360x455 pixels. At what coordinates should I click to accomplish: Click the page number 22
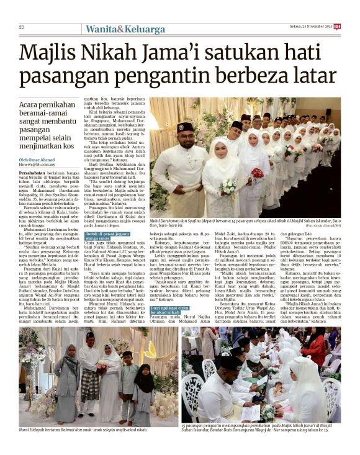pos(21,27)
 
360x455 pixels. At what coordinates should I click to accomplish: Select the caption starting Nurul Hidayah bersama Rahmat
pos(83,429)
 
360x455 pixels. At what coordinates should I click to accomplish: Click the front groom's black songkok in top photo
pos(185,127)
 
